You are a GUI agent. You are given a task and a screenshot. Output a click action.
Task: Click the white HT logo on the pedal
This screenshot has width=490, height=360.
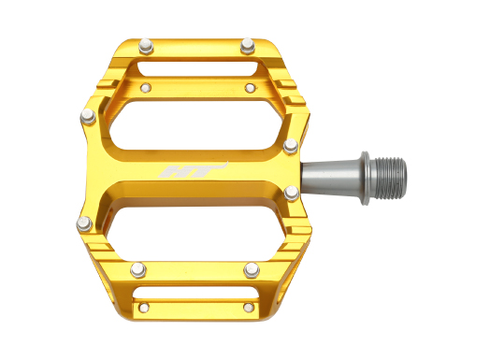tap(193, 170)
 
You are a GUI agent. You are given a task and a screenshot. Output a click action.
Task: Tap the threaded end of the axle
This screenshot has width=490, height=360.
tap(390, 178)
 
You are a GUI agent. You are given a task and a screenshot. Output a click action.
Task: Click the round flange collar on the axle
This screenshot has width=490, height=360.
tap(366, 178)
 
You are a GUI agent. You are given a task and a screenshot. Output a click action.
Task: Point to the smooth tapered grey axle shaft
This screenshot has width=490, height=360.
tap(331, 178)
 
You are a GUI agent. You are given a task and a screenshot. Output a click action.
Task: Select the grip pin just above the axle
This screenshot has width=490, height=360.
tap(291, 146)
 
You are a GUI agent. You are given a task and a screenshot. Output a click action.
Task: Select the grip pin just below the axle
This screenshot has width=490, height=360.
tap(292, 194)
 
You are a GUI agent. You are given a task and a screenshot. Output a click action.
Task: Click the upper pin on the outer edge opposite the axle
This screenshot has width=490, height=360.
tap(89, 117)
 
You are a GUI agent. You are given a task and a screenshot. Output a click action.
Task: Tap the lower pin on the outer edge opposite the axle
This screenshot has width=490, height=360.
tap(84, 224)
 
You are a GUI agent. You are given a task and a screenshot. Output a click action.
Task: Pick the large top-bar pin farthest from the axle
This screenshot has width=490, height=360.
tap(146, 46)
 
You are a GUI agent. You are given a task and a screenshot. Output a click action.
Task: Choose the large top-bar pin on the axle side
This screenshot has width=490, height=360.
tap(248, 46)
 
